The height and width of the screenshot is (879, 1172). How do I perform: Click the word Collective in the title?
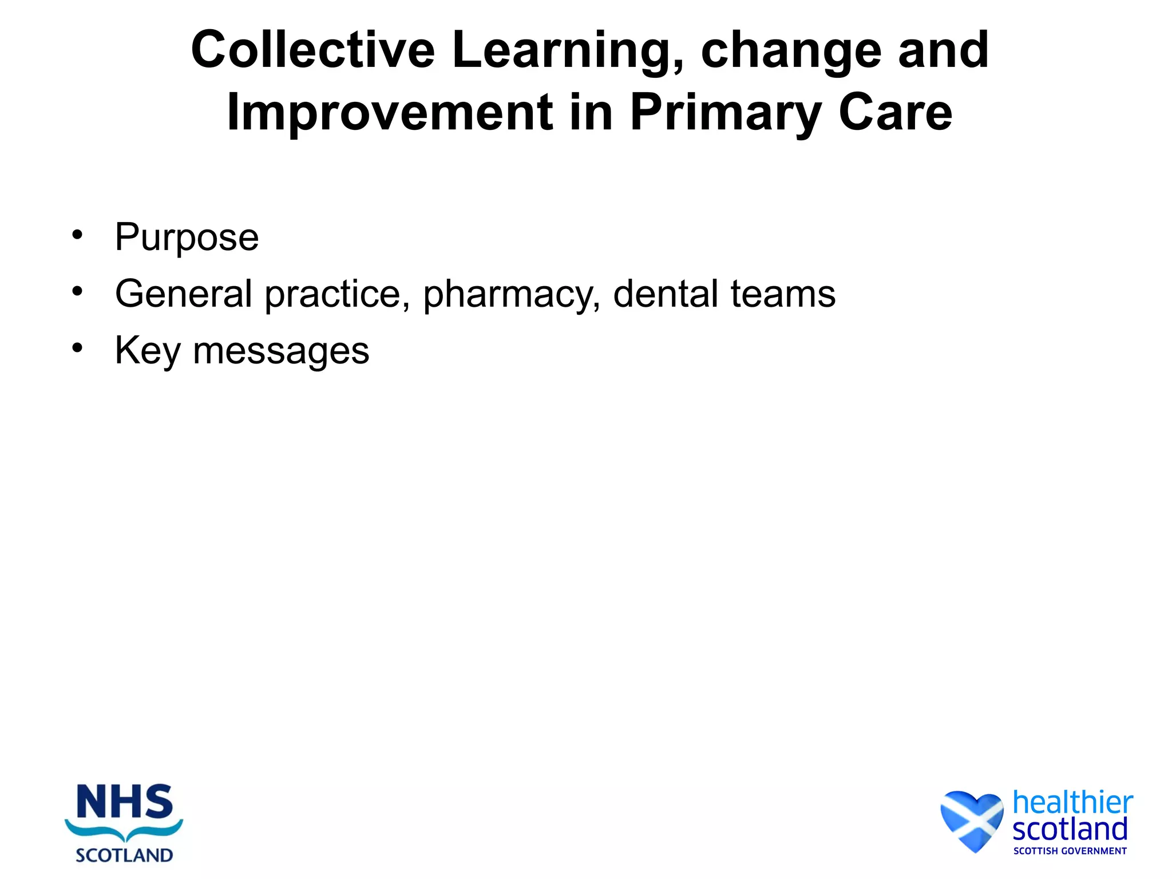click(x=312, y=50)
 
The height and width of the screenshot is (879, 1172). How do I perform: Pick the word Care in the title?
click(x=895, y=113)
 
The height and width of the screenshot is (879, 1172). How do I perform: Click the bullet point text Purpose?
click(x=187, y=238)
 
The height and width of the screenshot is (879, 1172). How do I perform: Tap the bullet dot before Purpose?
click(x=77, y=235)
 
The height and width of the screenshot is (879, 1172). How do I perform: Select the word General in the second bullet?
click(x=183, y=294)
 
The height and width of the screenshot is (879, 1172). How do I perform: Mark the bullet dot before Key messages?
click(x=77, y=348)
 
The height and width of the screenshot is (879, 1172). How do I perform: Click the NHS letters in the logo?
click(x=124, y=802)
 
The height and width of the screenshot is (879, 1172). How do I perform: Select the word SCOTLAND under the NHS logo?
click(x=124, y=856)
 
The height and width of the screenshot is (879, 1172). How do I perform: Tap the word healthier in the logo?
click(x=1072, y=802)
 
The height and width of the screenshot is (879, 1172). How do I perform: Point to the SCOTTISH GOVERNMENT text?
click(x=1070, y=851)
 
